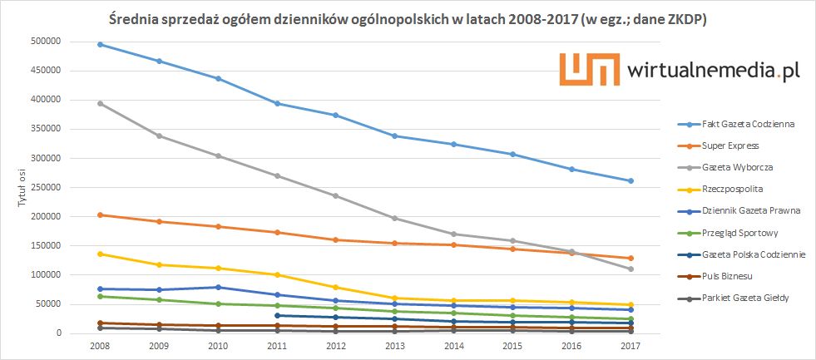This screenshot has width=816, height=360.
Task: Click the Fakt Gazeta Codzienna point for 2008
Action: (x=100, y=44)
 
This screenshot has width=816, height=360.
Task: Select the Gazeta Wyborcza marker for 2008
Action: (x=100, y=103)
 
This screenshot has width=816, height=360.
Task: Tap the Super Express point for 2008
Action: (x=100, y=215)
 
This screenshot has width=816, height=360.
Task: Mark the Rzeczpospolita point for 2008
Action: (x=100, y=254)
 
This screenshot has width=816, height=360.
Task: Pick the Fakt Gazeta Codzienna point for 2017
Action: (x=631, y=180)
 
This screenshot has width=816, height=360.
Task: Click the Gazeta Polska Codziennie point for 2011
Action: (x=277, y=315)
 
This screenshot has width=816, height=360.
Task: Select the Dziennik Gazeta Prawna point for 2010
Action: (x=218, y=287)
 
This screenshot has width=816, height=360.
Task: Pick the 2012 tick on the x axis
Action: (x=336, y=345)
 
